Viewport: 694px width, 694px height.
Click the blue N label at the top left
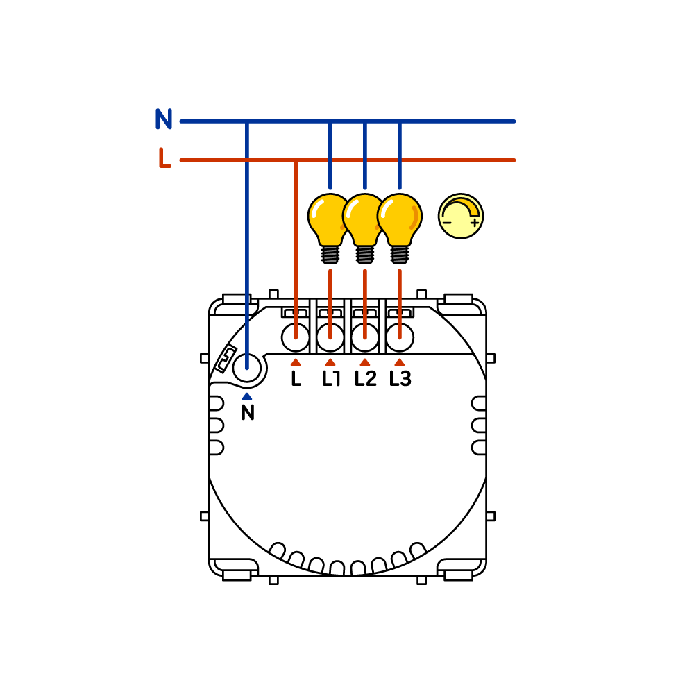click(x=164, y=119)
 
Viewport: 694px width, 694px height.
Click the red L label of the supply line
click(x=164, y=158)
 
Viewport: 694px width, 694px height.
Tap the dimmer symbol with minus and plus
click(x=461, y=216)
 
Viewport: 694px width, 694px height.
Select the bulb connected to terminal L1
click(x=330, y=228)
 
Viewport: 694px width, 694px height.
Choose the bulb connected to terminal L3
click(x=400, y=228)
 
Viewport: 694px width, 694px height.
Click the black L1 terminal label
click(x=331, y=378)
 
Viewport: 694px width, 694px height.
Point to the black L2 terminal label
click(x=366, y=378)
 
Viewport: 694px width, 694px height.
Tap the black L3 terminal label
click(x=400, y=378)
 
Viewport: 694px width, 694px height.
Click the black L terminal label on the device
click(x=296, y=378)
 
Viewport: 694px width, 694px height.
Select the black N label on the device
click(x=248, y=412)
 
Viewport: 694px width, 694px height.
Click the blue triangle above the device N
click(x=247, y=396)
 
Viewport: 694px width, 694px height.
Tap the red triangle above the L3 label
click(x=400, y=362)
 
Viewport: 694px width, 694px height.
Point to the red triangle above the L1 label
click(x=330, y=362)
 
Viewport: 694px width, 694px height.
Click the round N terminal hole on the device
click(x=247, y=367)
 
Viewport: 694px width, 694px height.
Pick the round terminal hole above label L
click(x=295, y=337)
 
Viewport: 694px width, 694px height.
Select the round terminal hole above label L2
click(x=365, y=337)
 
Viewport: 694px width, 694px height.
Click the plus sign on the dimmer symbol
click(x=475, y=222)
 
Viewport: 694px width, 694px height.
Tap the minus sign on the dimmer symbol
click(x=447, y=223)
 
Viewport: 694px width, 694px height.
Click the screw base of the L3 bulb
click(x=400, y=255)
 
